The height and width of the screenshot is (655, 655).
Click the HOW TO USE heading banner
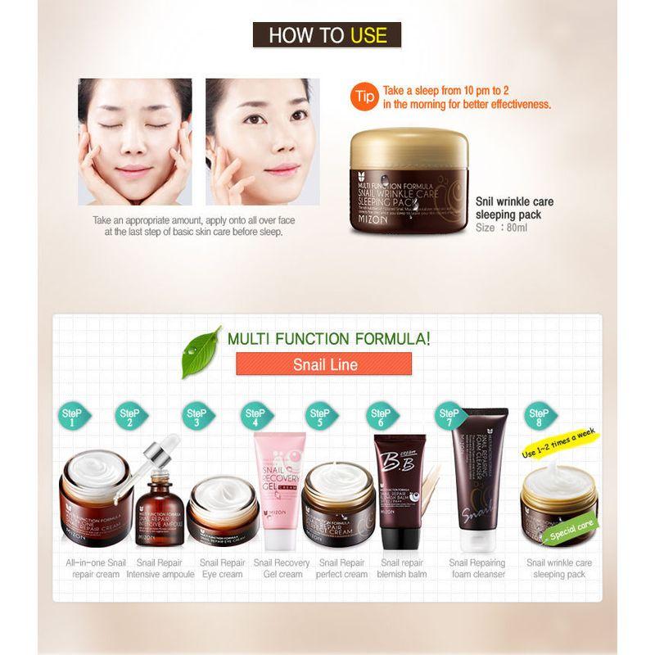[327, 35]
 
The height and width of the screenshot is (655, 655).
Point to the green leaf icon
[200, 351]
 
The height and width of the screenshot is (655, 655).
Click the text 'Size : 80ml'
[501, 228]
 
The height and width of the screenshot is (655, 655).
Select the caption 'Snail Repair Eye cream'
[222, 568]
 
